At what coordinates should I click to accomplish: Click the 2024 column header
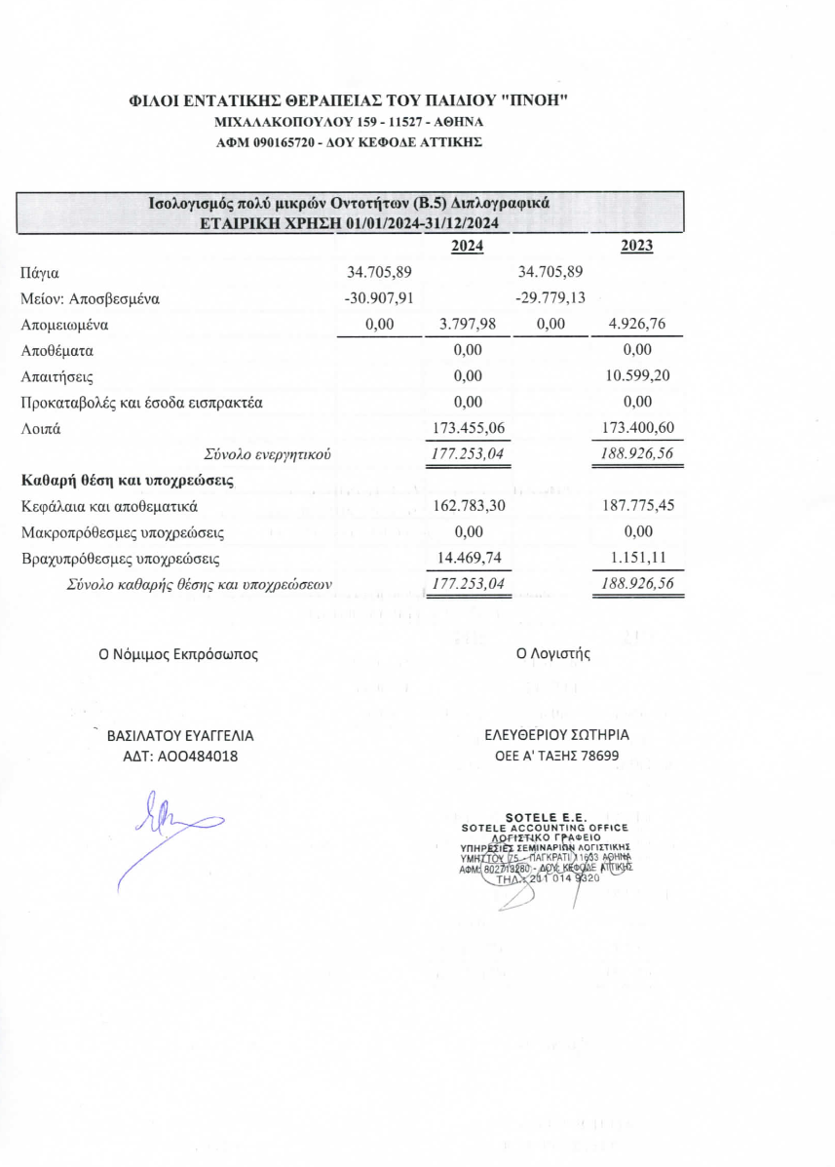[468, 247]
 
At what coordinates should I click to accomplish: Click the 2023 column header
[636, 247]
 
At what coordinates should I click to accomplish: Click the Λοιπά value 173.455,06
[468, 427]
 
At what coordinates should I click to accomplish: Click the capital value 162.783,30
[468, 507]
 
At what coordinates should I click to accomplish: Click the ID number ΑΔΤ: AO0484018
[178, 757]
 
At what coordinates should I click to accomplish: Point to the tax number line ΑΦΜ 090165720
[348, 142]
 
